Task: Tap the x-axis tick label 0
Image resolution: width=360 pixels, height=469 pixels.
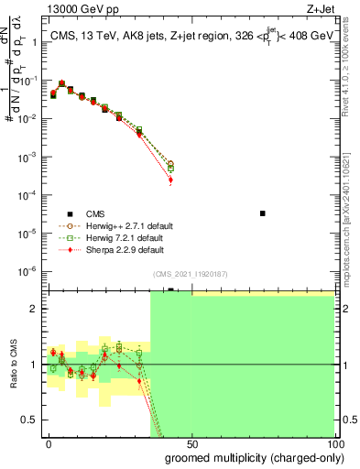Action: (49, 442)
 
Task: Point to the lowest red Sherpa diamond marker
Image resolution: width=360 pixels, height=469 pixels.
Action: (170, 180)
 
